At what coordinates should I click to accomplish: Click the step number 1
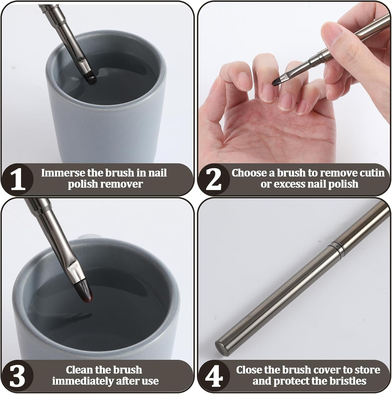point(18,180)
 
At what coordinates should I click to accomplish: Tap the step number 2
point(213,180)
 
